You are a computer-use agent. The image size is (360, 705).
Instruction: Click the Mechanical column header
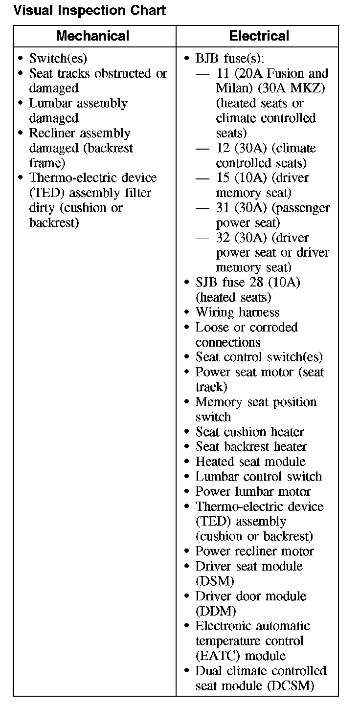[x=92, y=36]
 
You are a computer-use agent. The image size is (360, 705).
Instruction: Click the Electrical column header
[x=259, y=36]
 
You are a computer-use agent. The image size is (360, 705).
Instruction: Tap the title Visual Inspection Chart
[x=90, y=10]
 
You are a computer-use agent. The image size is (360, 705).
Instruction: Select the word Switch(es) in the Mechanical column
[x=58, y=59]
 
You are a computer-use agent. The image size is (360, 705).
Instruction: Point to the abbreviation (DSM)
[x=215, y=581]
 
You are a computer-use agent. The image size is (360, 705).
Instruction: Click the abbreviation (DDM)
[x=216, y=611]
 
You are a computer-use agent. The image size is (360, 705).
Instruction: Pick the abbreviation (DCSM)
[x=291, y=686]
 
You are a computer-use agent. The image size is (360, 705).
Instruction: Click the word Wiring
[x=215, y=312]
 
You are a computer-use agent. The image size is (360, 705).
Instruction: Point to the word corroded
[x=274, y=328]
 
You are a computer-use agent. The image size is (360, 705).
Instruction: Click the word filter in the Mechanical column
[x=136, y=193]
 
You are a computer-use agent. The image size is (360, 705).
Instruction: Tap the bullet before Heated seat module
[x=187, y=462]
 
